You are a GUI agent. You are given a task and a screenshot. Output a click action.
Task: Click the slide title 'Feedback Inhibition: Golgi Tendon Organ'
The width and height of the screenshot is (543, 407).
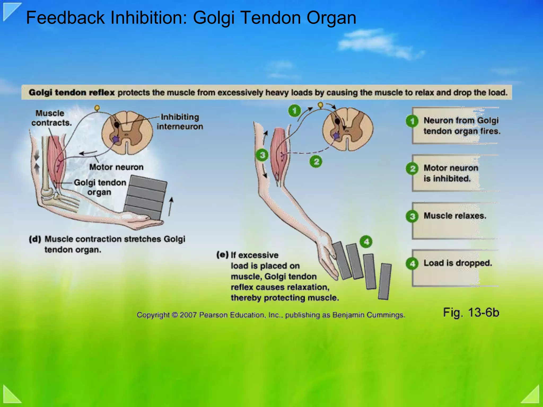(191, 18)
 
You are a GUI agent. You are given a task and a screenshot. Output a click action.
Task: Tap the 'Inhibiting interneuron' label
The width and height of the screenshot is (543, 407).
(180, 122)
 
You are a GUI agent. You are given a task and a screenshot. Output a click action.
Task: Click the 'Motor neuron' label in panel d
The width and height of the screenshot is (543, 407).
(116, 167)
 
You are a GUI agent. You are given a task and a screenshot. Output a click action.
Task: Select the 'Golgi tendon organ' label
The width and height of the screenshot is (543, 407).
(100, 187)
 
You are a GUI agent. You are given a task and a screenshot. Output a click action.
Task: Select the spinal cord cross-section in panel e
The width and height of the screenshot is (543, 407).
(348, 129)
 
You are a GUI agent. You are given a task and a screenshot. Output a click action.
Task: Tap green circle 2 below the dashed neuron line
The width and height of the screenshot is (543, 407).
(316, 161)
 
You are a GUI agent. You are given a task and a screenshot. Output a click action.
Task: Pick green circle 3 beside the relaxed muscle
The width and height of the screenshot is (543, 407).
(262, 155)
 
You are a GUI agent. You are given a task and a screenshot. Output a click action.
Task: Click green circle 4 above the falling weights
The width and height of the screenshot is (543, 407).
(366, 242)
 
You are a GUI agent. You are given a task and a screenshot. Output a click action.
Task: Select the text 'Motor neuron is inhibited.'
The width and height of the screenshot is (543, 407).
(451, 173)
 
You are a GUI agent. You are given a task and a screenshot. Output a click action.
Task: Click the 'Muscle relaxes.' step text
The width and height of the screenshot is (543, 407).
(455, 216)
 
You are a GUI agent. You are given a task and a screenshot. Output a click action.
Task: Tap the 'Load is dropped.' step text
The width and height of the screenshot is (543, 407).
(458, 263)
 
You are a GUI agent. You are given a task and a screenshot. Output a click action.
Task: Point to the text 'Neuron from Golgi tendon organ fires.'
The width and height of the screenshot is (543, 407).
(461, 126)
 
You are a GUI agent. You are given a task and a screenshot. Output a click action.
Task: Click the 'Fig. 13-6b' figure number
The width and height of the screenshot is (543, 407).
(471, 312)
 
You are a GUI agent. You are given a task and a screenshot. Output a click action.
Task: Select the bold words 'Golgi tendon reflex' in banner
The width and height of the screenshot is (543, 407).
(72, 92)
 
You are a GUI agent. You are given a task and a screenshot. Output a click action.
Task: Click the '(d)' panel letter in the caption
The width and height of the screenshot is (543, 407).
(35, 239)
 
